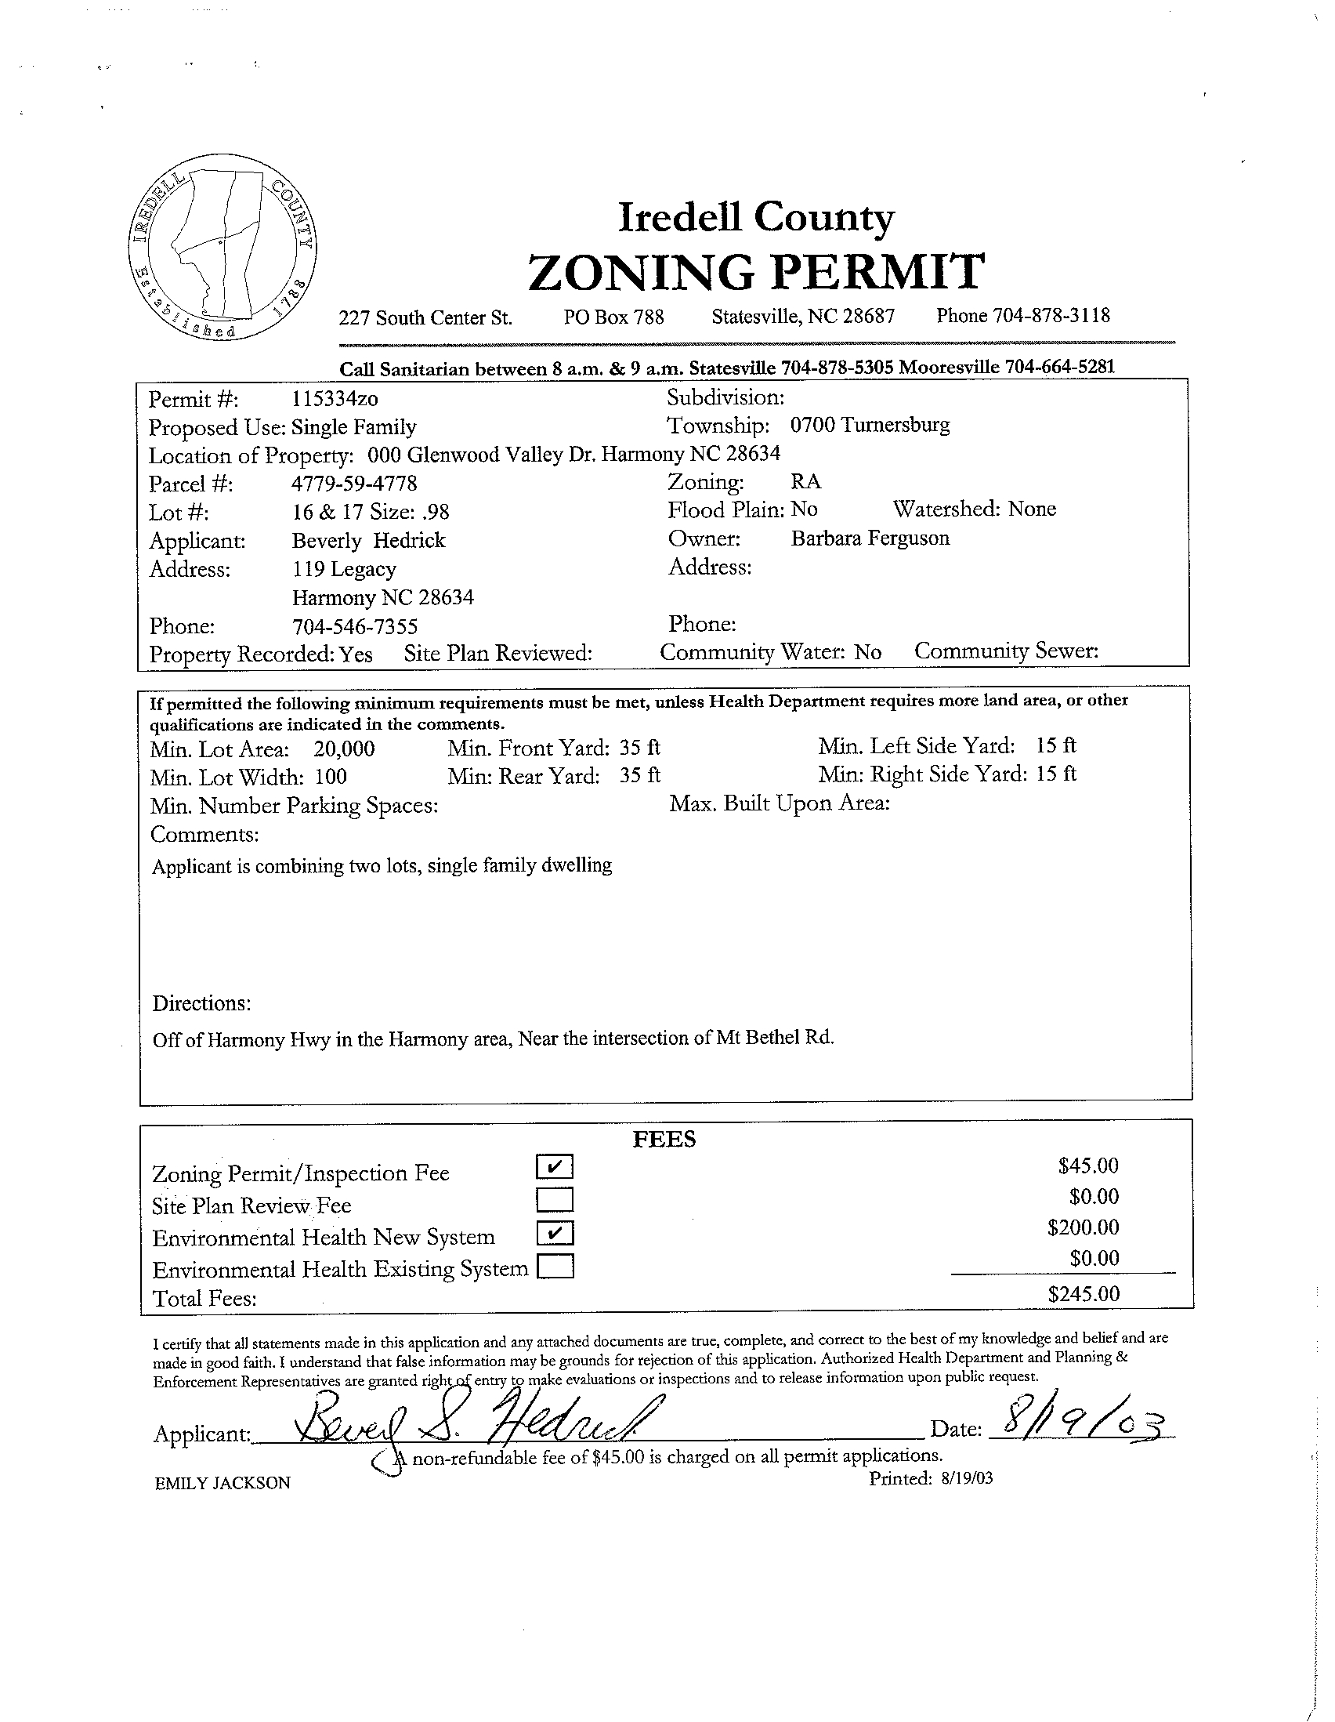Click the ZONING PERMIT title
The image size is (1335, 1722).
[x=755, y=271]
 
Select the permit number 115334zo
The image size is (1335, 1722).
[x=335, y=399]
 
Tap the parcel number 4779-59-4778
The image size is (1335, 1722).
[x=354, y=484]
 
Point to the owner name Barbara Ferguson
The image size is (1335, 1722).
[x=870, y=538]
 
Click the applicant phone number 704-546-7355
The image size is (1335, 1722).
[x=355, y=627]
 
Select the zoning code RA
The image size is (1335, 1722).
[x=805, y=482]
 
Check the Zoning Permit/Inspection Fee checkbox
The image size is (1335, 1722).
[x=555, y=1166]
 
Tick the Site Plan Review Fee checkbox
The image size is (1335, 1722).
[x=555, y=1199]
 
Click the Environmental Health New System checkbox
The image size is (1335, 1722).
[x=555, y=1232]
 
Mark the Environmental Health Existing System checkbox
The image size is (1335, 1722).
[x=555, y=1266]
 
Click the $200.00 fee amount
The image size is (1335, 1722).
[x=1083, y=1227]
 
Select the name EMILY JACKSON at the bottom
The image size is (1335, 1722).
[x=222, y=1483]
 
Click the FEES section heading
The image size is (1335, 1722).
[x=664, y=1140]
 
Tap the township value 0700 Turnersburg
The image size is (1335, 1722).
[x=870, y=426]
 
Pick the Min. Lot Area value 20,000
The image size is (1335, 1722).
[x=344, y=749]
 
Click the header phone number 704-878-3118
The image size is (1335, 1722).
[x=1051, y=316]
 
